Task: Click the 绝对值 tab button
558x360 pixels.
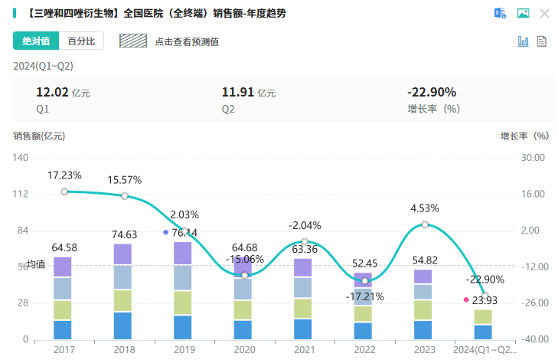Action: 36,41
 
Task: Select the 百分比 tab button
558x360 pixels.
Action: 80,41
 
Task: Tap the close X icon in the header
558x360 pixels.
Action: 544,13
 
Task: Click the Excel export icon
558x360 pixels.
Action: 500,13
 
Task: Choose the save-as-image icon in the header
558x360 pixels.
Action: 523,13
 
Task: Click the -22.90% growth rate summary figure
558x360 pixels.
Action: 431,93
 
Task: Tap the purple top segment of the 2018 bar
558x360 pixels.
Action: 122,254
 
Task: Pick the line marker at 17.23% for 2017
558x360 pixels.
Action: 64,191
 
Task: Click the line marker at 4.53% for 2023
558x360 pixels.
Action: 425,224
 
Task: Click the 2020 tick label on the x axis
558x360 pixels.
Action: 243,349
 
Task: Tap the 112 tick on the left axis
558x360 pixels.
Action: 21,195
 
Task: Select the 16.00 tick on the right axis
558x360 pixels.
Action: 534,195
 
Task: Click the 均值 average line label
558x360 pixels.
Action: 36,265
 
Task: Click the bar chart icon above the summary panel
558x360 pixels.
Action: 524,41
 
